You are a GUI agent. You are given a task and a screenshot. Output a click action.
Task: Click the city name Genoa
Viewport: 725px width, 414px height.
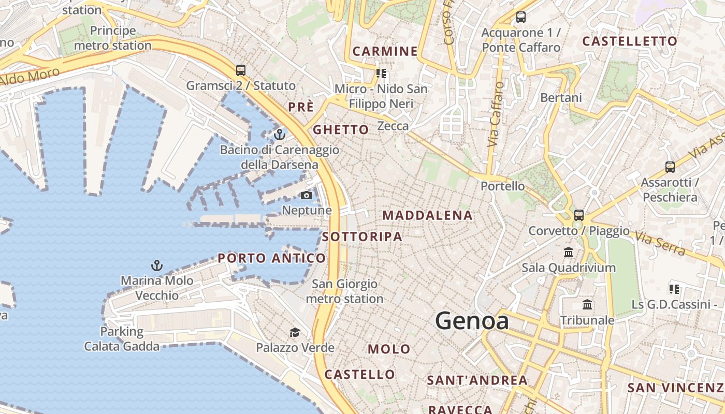pos(472,321)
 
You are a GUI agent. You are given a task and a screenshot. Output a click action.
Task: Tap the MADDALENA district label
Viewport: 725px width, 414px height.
pos(427,215)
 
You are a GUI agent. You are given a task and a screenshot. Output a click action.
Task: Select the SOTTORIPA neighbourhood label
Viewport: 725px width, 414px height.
pos(362,236)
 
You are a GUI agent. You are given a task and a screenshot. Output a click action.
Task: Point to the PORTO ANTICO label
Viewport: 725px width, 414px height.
pos(271,258)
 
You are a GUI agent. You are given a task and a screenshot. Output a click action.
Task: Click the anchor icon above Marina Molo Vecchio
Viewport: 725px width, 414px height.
pos(156,266)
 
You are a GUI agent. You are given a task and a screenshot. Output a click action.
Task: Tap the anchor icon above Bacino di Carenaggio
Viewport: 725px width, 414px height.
pos(280,135)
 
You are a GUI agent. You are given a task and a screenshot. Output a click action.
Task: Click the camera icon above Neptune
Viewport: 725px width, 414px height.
pos(307,195)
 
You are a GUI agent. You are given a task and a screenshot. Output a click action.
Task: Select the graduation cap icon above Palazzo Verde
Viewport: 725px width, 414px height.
pos(295,332)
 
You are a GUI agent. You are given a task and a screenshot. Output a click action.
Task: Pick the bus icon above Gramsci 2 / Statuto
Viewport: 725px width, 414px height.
pos(240,70)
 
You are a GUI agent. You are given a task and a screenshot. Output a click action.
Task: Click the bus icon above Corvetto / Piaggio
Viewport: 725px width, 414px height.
pos(579,215)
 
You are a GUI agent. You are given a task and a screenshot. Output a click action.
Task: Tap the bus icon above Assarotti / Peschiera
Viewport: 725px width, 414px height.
pos(670,167)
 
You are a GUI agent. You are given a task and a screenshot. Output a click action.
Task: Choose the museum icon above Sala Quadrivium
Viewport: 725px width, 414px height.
pos(569,253)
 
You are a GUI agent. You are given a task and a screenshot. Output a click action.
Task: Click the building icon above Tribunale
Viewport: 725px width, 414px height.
pos(587,305)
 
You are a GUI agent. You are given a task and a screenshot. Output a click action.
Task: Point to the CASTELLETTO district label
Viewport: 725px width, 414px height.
pos(630,41)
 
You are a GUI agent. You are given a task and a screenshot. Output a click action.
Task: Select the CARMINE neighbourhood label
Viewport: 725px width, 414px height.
pos(385,51)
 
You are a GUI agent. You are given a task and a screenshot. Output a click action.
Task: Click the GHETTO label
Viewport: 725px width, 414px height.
pos(341,129)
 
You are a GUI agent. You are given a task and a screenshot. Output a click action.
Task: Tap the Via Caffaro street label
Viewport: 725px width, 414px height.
pos(496,114)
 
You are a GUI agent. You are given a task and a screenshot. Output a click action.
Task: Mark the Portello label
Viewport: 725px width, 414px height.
pos(502,186)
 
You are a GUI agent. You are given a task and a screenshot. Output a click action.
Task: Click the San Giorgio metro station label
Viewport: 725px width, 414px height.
pos(344,291)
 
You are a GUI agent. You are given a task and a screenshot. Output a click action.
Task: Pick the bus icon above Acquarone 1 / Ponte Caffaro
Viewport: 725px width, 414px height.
pos(521,17)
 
